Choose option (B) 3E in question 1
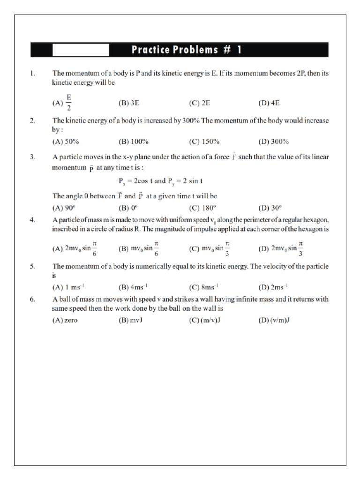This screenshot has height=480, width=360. [x=129, y=103]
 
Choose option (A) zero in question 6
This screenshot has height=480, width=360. [x=65, y=321]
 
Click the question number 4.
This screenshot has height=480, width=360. [x=32, y=220]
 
